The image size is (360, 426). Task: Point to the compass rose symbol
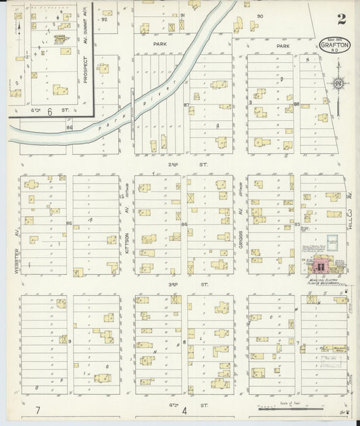[x=336, y=84]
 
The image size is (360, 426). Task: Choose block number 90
[x=259, y=16]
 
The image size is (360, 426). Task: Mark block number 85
[x=69, y=223]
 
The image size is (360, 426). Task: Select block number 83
[x=297, y=223]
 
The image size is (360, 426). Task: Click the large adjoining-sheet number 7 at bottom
[x=38, y=410]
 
